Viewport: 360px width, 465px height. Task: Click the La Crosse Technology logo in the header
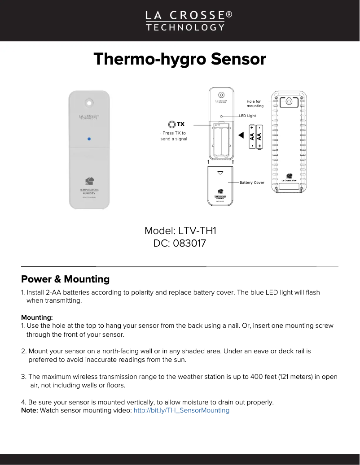point(184,21)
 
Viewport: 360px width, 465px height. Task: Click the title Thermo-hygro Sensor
point(180,59)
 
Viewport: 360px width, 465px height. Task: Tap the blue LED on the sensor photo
point(89,139)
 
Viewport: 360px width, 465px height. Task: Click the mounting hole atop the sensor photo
point(89,103)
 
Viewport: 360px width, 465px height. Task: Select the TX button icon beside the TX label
point(171,124)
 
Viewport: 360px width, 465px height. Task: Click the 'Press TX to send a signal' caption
point(173,136)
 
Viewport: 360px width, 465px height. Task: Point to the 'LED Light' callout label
point(247,116)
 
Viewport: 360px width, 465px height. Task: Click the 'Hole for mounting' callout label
point(255,104)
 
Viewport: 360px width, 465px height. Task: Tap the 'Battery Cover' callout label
point(252,183)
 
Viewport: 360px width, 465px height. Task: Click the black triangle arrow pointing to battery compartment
point(241,135)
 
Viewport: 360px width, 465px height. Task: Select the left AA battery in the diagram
point(252,137)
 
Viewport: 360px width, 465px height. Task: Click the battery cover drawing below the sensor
point(220,185)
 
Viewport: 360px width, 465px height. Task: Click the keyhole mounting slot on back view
point(289,102)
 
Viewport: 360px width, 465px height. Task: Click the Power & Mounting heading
point(66,279)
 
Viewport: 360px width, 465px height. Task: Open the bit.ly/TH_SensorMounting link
point(181,410)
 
